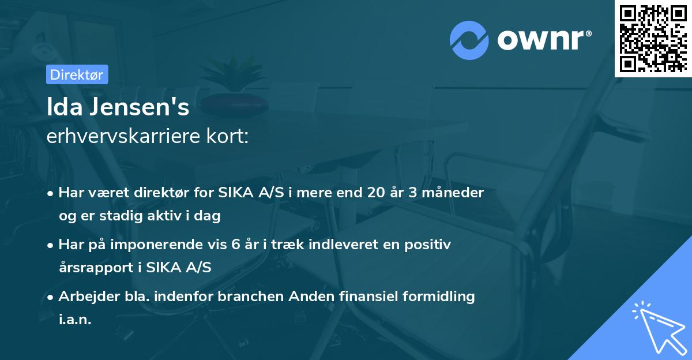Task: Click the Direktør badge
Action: click(x=77, y=74)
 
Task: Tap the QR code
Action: click(x=653, y=38)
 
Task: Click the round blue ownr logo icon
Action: click(x=469, y=40)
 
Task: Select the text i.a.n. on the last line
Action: click(x=75, y=319)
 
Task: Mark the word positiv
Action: click(x=429, y=245)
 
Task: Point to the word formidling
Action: click(x=438, y=297)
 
